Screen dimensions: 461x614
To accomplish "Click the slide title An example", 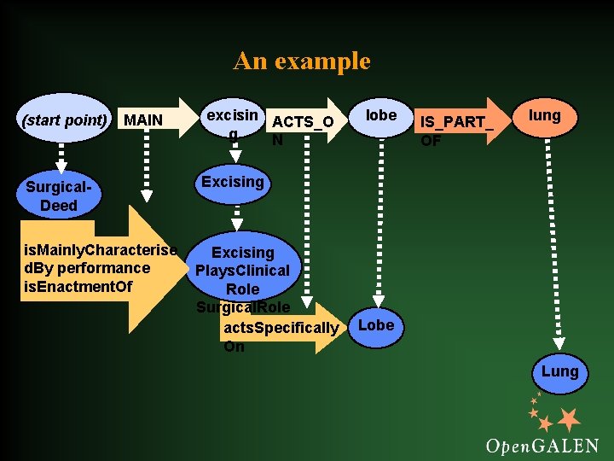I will (x=302, y=61).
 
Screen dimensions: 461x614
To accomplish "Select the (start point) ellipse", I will (x=64, y=119).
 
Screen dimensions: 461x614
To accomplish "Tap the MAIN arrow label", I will (x=143, y=120).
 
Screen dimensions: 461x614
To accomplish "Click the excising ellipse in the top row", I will (x=232, y=122).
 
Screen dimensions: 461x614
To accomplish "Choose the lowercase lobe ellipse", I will (x=380, y=115).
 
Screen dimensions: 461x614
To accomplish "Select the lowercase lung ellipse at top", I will (x=545, y=115).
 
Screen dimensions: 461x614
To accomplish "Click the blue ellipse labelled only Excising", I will (x=232, y=182).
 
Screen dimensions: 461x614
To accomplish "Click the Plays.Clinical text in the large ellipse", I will (x=242, y=271).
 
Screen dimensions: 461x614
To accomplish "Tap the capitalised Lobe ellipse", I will (x=376, y=325).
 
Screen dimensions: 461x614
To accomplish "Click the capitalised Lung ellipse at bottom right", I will (x=559, y=372).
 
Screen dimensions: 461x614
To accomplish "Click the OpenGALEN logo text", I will (x=542, y=445).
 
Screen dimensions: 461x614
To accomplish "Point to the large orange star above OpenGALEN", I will (x=568, y=419).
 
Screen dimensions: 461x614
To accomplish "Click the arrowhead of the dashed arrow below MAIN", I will (x=147, y=196).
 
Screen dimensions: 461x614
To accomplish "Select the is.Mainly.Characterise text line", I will (x=101, y=250).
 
